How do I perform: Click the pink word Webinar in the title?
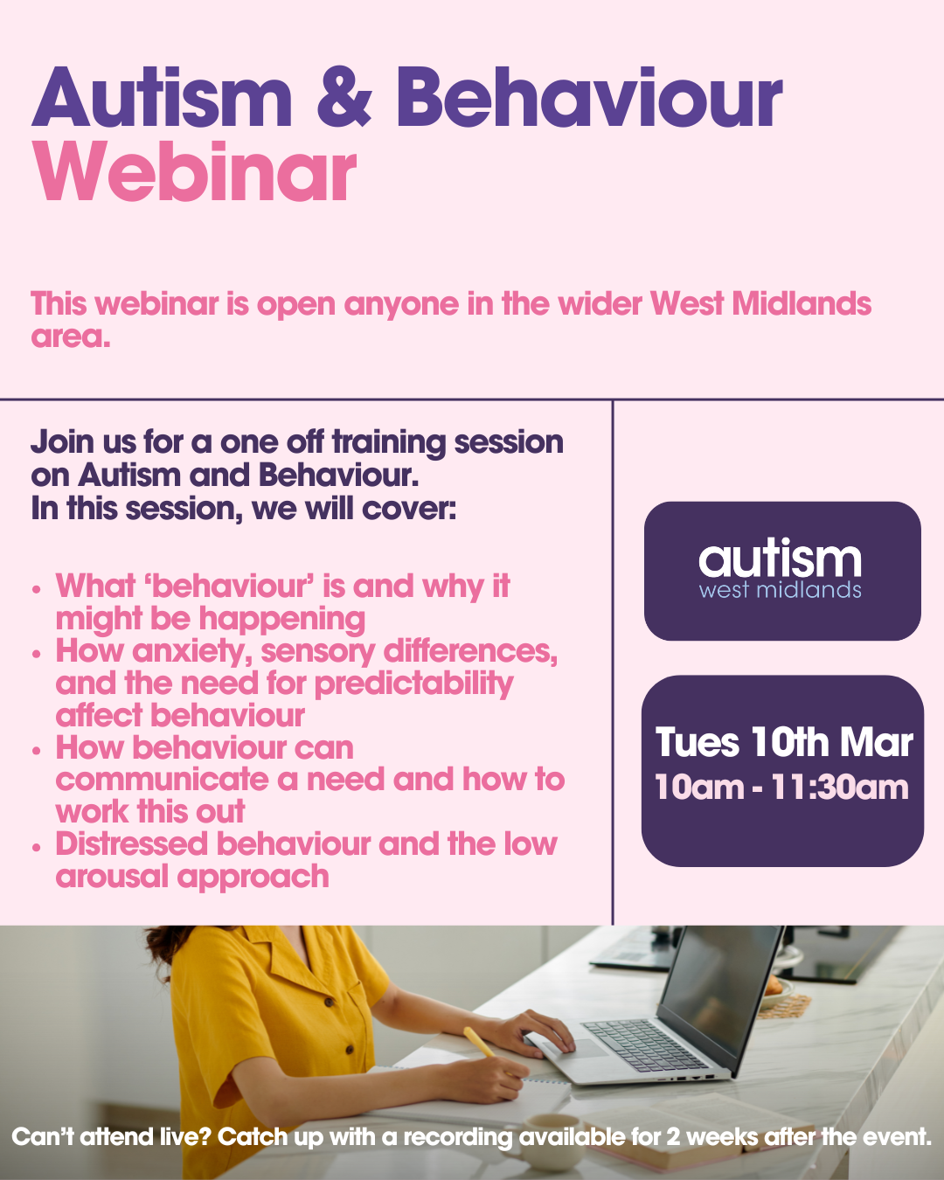[194, 171]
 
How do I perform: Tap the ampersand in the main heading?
[344, 98]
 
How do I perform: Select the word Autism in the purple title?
[162, 98]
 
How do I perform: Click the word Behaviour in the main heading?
[589, 98]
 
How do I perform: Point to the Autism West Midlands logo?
[781, 571]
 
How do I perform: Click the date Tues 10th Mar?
[784, 742]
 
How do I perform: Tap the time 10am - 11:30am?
[781, 788]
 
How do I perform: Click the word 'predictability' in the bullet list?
[414, 684]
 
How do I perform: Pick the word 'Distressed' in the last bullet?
[132, 843]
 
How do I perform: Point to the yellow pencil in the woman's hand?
[481, 1043]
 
